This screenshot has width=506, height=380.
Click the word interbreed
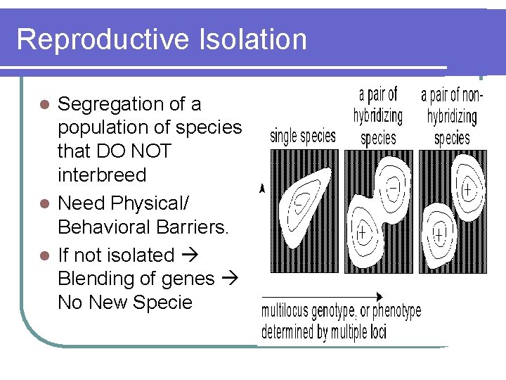(102, 175)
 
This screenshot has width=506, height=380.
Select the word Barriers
(190, 227)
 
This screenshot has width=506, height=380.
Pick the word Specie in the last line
(164, 303)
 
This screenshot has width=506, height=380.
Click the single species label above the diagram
(302, 136)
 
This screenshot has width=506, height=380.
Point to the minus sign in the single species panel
(299, 201)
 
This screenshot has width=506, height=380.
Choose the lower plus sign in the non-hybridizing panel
(441, 232)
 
